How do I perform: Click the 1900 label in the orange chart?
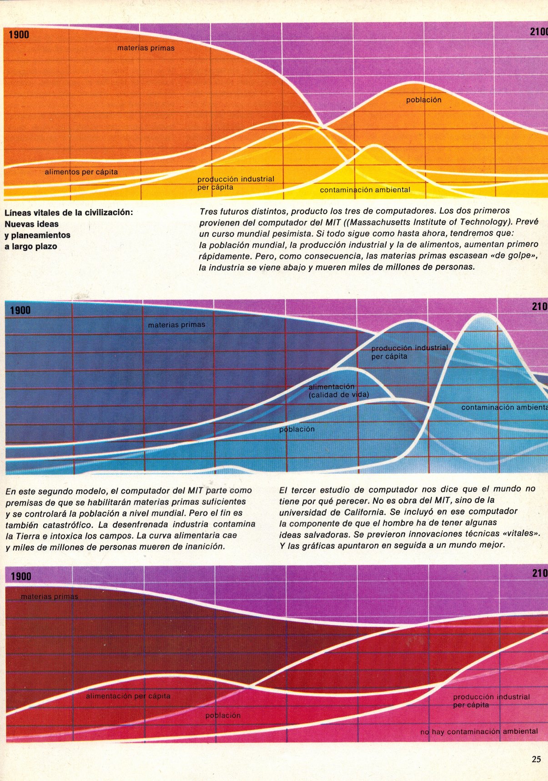(19, 35)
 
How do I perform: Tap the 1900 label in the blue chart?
(20, 310)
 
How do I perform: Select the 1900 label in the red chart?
(21, 576)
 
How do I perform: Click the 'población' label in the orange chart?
(423, 100)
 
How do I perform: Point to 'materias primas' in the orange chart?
(146, 48)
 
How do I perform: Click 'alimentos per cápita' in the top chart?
(81, 172)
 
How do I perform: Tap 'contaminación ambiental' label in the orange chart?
(365, 190)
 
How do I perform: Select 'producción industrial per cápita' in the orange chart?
(236, 183)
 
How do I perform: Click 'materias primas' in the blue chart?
(176, 325)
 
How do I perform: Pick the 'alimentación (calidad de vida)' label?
(338, 390)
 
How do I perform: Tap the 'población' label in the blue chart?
(297, 429)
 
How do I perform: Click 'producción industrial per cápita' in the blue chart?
(409, 352)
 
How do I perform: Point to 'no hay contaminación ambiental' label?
(479, 731)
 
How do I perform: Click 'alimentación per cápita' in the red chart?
(128, 696)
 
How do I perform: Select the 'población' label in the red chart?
(223, 715)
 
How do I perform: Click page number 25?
(536, 759)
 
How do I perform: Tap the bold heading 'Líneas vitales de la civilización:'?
(69, 212)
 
